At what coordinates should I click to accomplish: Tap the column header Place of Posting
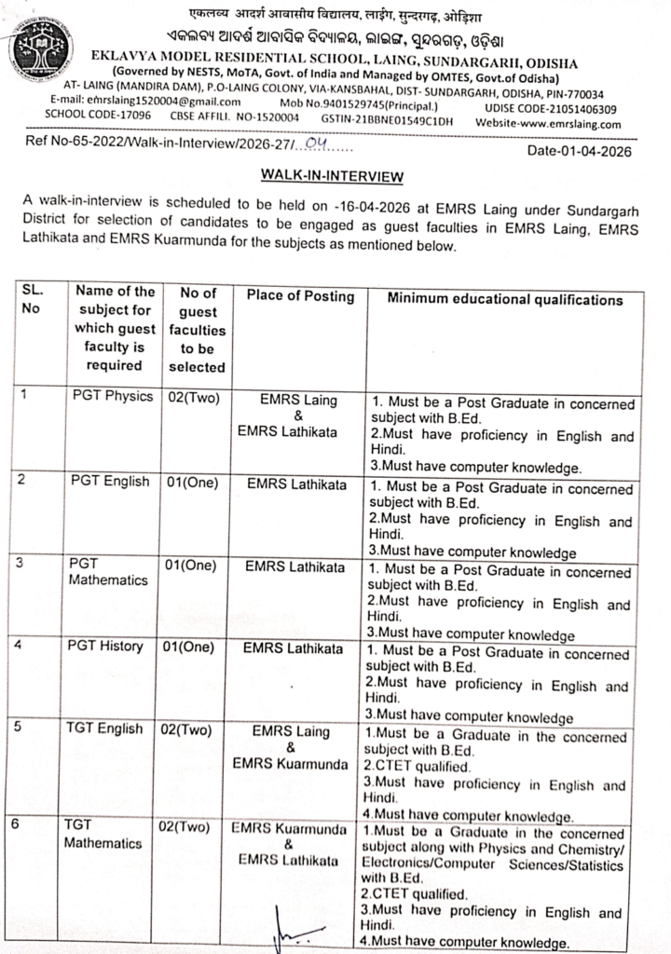tap(300, 297)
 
